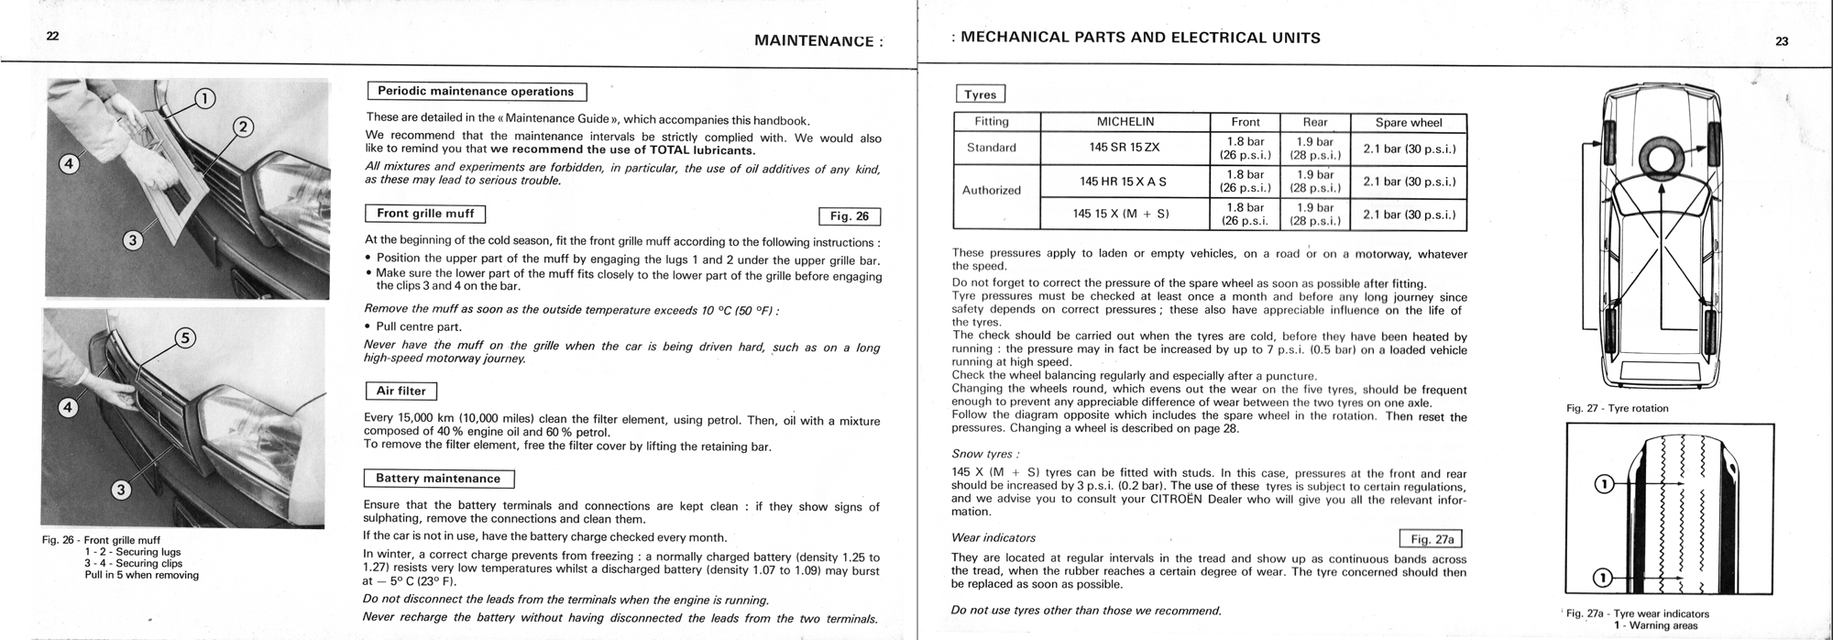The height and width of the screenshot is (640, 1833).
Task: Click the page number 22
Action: pos(52,36)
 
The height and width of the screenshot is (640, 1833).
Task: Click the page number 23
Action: pos(1782,40)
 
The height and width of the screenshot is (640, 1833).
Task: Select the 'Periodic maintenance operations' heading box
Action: pos(476,92)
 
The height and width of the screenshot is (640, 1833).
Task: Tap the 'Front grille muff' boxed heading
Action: pos(425,214)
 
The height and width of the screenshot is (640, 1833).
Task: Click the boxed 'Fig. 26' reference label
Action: pos(849,216)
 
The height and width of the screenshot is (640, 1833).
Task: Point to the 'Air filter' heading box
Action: pos(401,392)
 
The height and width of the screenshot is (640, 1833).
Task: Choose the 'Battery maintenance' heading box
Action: pos(438,479)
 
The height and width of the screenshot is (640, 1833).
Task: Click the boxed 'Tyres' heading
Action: pos(980,94)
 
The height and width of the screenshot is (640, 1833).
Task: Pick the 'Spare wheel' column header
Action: pos(1408,122)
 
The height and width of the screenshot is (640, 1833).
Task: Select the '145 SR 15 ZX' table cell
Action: pos(1125,148)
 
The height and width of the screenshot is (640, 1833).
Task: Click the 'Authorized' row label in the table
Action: pos(991,191)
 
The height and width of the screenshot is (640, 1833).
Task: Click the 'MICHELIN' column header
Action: pos(1125,122)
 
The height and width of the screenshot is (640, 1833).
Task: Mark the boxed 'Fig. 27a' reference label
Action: pos(1432,539)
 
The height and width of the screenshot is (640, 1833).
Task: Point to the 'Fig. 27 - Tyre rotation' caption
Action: pos(1618,408)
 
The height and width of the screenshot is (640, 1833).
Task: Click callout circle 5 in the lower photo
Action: pos(184,338)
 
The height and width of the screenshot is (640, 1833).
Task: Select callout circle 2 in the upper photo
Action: pos(243,127)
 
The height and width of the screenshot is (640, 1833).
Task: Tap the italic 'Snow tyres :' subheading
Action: pos(985,454)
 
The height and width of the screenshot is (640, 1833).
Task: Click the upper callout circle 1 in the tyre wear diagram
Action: pos(1603,483)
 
